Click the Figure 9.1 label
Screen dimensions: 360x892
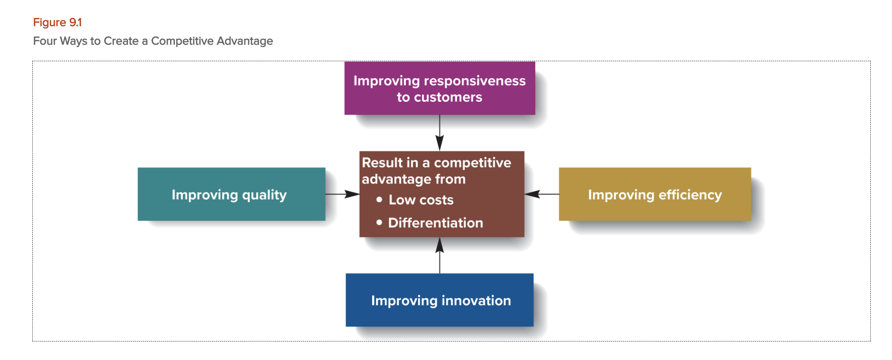pos(57,22)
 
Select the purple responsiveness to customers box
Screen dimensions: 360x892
pos(439,88)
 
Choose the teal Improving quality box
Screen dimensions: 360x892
pos(231,194)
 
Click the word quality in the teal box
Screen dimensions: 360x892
pos(264,195)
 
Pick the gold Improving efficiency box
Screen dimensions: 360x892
pos(654,194)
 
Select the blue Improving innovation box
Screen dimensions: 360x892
pos(439,300)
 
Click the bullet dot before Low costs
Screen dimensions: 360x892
pos(379,200)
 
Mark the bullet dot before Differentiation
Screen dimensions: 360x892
pos(379,223)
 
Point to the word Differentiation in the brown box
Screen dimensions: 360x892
pos(435,223)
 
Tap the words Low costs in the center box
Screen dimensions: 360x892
pos(421,200)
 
